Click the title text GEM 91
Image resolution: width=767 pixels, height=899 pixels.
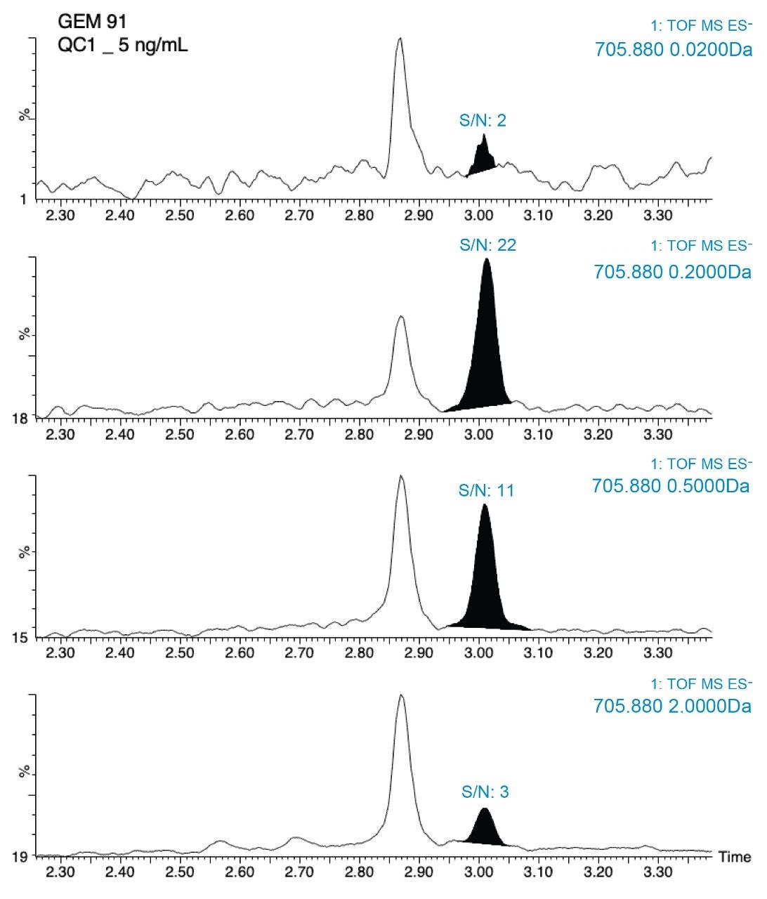click(x=92, y=22)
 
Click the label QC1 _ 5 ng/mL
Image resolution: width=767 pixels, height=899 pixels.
click(x=123, y=48)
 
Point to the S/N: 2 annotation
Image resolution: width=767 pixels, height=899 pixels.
click(x=483, y=121)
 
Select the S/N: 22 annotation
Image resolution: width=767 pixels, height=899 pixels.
click(x=487, y=244)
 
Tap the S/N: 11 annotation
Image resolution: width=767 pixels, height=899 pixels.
click(x=486, y=490)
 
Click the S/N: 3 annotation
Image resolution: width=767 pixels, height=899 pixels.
click(x=485, y=792)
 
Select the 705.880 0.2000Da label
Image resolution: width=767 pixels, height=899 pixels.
click(x=672, y=272)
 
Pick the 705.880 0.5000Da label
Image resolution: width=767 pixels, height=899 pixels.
click(x=671, y=486)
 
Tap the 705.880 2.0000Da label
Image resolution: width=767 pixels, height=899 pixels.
click(x=672, y=706)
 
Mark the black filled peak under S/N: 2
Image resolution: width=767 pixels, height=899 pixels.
click(x=483, y=159)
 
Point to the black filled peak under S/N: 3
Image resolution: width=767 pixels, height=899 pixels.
click(x=485, y=829)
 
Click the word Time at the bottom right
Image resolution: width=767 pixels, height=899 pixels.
click(x=735, y=857)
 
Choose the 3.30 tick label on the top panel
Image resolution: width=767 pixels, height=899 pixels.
click(x=658, y=215)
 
